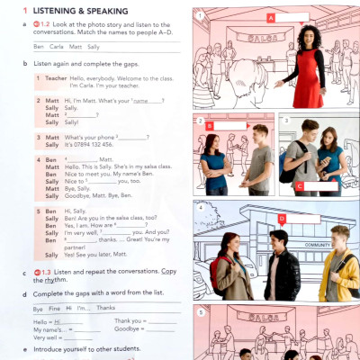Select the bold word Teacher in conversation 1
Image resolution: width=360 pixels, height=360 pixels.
[56, 77]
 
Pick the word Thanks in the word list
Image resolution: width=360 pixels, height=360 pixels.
[107, 308]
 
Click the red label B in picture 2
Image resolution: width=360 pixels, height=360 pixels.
[209, 127]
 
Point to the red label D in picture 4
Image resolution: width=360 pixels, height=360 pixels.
[282, 218]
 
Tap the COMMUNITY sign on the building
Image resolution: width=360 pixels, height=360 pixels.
[318, 245]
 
